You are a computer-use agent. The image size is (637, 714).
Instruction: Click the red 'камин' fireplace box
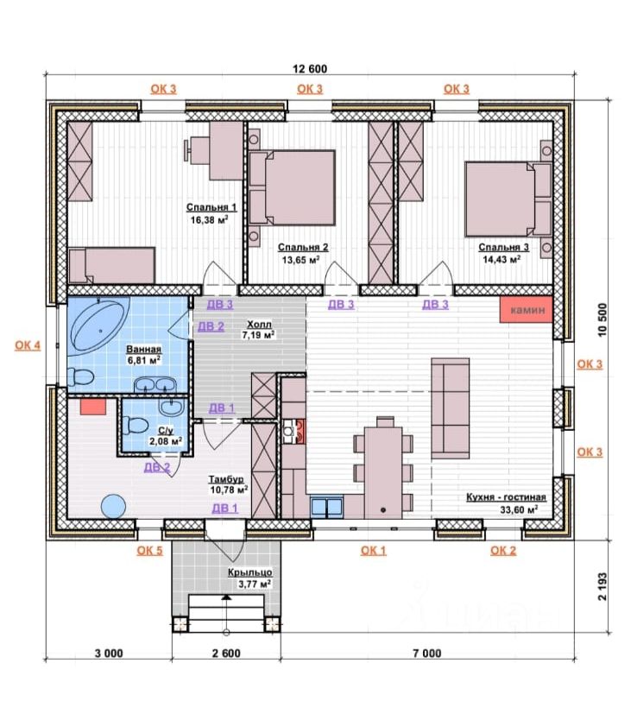point(526,310)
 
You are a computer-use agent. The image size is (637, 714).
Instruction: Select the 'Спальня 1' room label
point(211,207)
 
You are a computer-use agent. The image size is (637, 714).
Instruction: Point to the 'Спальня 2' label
point(303,247)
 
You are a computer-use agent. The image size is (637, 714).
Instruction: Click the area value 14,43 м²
point(501,259)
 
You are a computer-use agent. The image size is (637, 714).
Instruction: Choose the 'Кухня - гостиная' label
point(506,497)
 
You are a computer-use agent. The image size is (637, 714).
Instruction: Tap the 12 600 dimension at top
point(310,69)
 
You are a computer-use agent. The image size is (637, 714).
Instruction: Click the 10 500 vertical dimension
point(602,319)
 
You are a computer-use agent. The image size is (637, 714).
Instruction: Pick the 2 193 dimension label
point(602,586)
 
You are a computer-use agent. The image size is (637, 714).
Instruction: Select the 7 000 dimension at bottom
point(427,654)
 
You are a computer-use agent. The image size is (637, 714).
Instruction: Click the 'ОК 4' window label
point(28,345)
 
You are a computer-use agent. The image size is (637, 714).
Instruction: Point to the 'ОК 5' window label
point(149,551)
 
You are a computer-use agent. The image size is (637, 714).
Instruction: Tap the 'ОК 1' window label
point(374,551)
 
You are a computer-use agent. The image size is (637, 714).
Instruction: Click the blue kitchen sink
point(326,507)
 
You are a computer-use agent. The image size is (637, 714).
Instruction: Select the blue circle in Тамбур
point(113,506)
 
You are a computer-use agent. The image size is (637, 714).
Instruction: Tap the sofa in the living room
point(451,408)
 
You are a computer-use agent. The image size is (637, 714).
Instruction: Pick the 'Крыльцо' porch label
point(250,572)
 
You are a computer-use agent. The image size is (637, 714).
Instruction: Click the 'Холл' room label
point(259,325)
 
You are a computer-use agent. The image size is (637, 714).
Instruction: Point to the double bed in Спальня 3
point(508,199)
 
